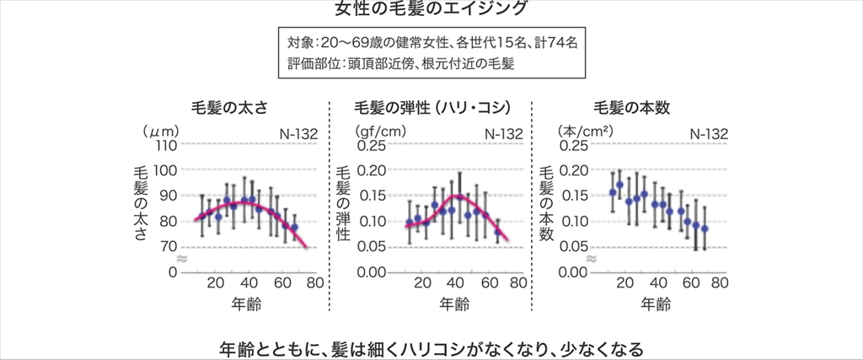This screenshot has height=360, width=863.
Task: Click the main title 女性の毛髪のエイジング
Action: pyautogui.click(x=431, y=9)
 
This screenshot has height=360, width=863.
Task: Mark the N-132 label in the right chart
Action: pyautogui.click(x=709, y=132)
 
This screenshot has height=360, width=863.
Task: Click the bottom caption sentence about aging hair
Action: pyautogui.click(x=431, y=347)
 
